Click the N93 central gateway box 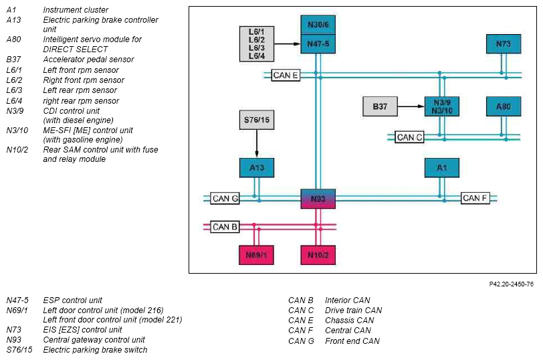(318, 199)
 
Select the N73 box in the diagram (504, 44)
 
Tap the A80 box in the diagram (504, 106)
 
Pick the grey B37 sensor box (380, 106)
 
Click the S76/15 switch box (257, 120)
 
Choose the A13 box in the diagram (257, 168)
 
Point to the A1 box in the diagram (442, 168)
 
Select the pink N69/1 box (256, 255)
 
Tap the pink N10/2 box (318, 255)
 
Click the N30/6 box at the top (318, 25)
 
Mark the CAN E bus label (285, 75)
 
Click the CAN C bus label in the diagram (409, 137)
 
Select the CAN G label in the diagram (225, 199)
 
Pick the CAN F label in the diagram (475, 198)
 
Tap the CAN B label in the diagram (225, 227)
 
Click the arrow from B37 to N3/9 (411, 106)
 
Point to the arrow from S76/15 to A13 (257, 144)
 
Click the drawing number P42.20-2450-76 (511, 284)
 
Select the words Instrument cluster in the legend (76, 9)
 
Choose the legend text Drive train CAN (353, 310)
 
